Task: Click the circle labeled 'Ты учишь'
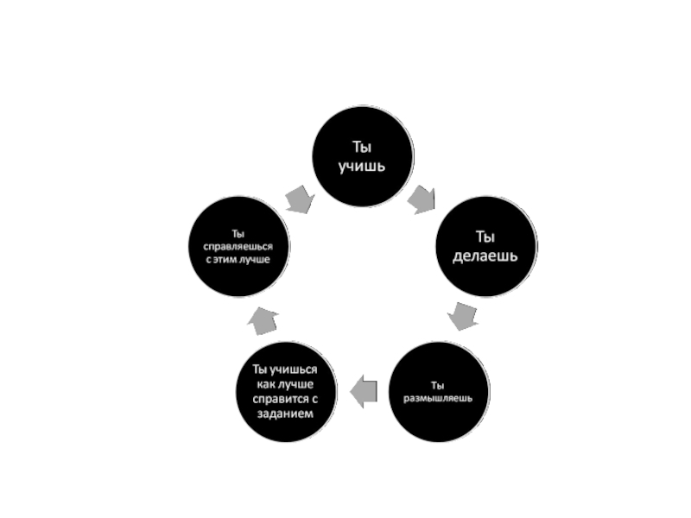tap(363, 155)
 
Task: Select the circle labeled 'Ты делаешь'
tap(485, 245)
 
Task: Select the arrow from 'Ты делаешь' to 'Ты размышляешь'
tap(464, 316)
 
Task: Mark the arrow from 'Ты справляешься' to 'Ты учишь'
tap(300, 198)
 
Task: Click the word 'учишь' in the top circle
tap(363, 164)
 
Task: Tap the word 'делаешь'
tap(485, 256)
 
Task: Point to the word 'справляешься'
tap(238, 245)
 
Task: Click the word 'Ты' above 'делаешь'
tap(485, 236)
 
